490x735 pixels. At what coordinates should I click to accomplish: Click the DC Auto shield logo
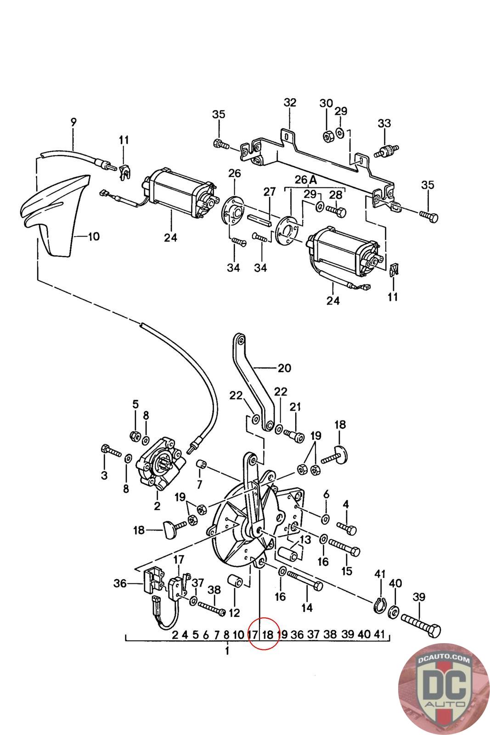[x=443, y=689]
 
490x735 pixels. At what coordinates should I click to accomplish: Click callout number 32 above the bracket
[x=290, y=103]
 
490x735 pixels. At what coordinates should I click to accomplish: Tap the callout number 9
[x=73, y=122]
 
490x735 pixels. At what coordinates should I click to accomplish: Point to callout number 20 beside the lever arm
[x=284, y=368]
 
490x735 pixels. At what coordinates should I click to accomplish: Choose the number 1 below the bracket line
[x=227, y=651]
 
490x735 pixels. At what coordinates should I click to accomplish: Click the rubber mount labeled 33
[x=386, y=151]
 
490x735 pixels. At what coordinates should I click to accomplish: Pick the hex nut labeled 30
[x=328, y=136]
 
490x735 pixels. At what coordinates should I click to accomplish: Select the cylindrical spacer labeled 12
[x=235, y=581]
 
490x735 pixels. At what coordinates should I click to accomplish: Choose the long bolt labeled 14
[x=304, y=581]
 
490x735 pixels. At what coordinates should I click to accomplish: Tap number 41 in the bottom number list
[x=379, y=634]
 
